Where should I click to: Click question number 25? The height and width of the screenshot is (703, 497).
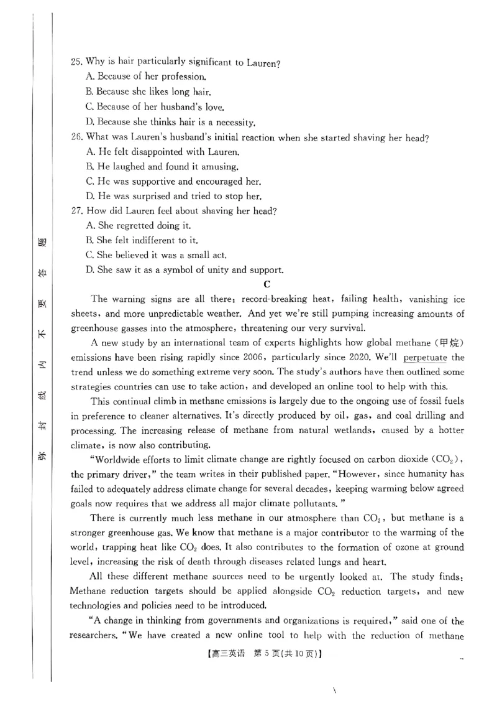[x=77, y=62]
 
